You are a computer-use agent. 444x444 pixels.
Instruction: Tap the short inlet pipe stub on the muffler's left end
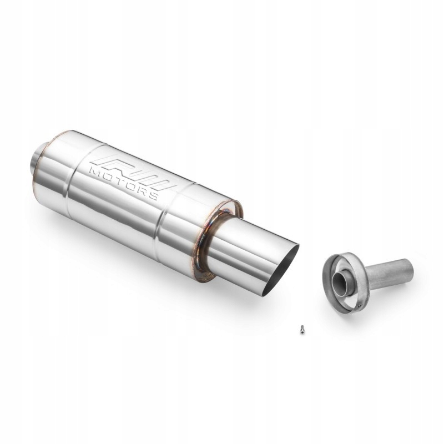point(34,161)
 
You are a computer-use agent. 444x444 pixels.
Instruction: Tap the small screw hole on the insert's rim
point(361,302)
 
